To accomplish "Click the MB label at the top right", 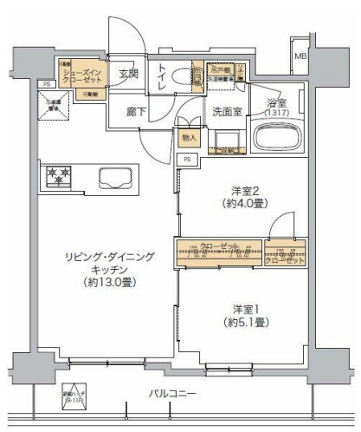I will [x=300, y=56].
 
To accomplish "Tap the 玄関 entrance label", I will [x=129, y=73].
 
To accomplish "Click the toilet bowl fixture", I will [x=182, y=76].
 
